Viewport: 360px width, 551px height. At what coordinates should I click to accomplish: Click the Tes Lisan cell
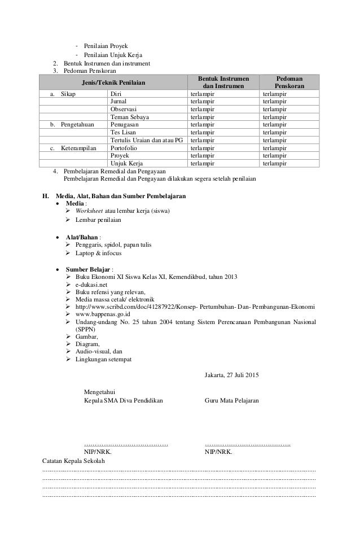click(x=124, y=133)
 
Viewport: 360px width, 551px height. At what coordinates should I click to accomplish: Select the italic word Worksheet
click(x=90, y=212)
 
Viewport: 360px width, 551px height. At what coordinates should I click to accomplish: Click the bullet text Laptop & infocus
click(x=98, y=253)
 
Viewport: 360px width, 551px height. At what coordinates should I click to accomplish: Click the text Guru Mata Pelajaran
click(x=231, y=400)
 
